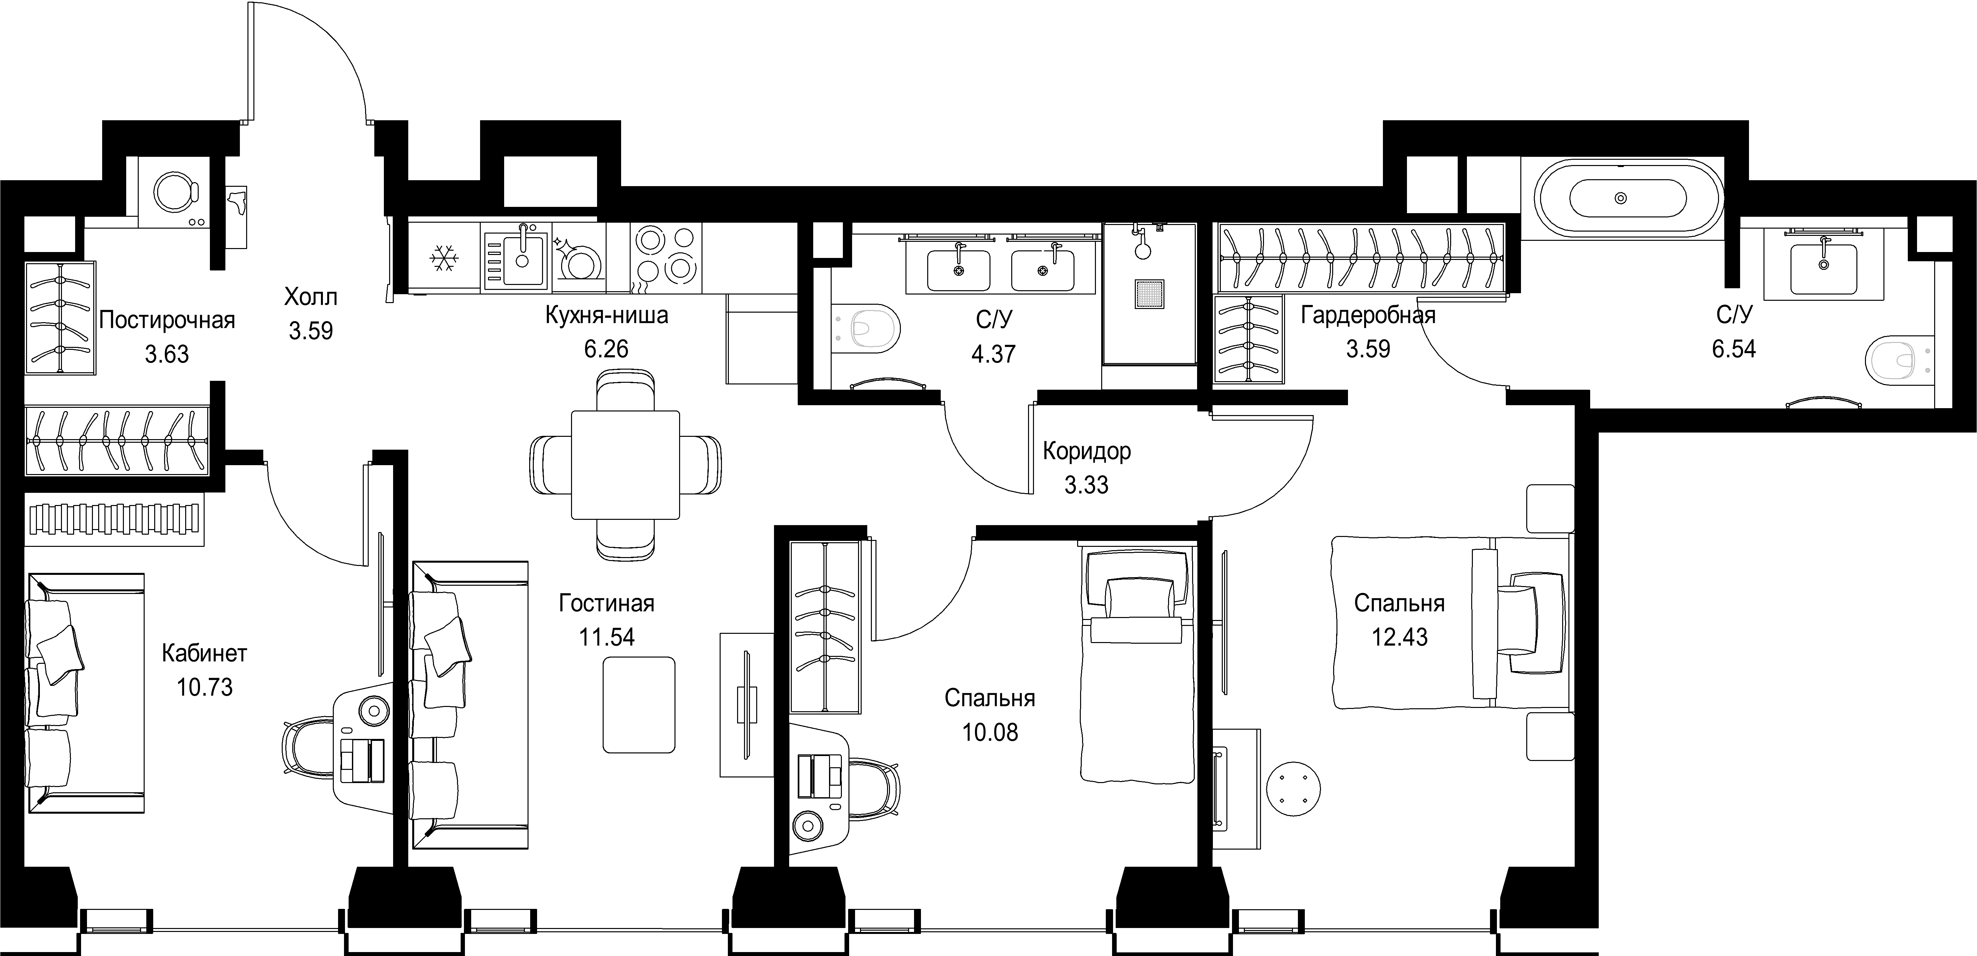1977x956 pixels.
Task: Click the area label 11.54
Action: (x=606, y=637)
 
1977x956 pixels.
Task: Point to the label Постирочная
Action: (x=166, y=320)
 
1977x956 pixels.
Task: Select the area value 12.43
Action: (x=1400, y=637)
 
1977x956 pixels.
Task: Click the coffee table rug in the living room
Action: (x=639, y=704)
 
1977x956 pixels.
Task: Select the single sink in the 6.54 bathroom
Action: (x=1823, y=265)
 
